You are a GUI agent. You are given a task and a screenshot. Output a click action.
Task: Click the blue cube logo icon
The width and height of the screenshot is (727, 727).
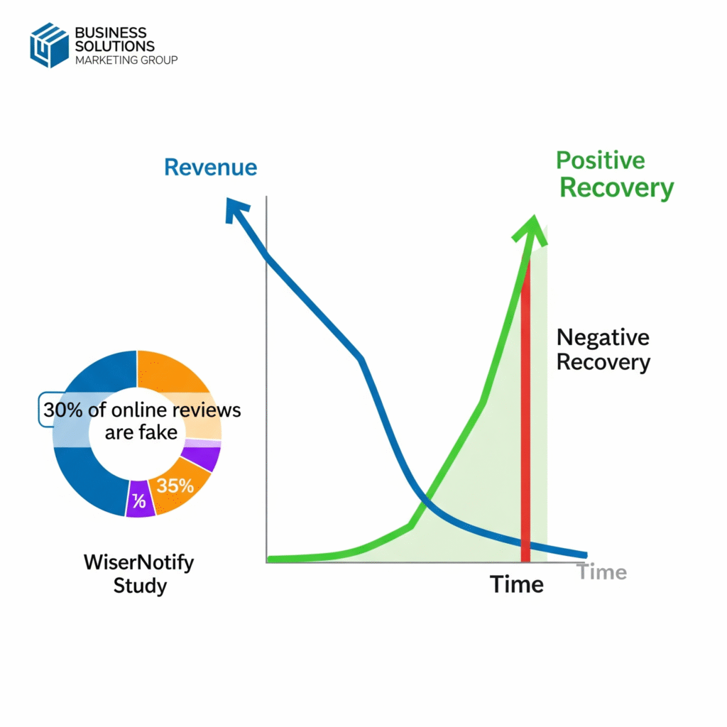49,45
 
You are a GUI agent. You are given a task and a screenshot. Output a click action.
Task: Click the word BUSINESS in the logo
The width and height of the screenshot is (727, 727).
110,33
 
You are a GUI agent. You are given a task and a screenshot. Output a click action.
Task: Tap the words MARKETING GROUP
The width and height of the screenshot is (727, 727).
126,60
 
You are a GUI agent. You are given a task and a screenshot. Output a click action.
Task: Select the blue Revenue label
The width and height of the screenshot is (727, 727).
210,168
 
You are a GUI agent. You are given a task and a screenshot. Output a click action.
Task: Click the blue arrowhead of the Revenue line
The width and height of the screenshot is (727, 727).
236,210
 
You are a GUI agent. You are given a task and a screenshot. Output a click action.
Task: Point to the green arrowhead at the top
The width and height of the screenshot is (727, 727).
531,229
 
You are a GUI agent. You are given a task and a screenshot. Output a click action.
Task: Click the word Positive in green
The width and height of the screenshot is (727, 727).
601,160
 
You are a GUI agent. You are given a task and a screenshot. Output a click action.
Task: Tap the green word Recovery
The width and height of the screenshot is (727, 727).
617,188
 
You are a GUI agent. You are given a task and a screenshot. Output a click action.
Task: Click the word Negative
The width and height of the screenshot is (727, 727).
603,337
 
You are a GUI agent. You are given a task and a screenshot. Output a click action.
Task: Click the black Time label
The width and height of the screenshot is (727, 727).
517,584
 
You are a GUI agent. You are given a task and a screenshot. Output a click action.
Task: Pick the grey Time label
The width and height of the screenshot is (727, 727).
602,572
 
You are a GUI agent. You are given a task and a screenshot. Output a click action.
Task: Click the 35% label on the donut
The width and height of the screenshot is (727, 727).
175,486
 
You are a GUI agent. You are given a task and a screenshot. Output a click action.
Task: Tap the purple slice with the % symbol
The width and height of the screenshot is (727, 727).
140,499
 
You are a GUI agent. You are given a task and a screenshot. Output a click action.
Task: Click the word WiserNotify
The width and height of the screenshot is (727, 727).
138,562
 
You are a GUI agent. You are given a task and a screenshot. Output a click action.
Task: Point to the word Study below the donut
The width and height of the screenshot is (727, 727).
140,586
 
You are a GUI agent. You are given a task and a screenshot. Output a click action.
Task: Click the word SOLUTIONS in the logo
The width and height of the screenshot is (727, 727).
114,46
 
